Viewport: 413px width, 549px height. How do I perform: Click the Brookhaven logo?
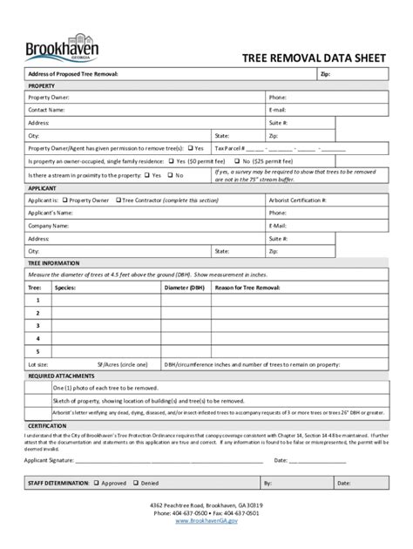pos(63,45)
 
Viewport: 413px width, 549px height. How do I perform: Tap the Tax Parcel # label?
pos(249,148)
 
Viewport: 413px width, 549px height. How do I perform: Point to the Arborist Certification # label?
pos(297,200)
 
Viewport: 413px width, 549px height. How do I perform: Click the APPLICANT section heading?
pos(43,187)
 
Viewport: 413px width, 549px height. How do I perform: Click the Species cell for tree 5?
pos(105,351)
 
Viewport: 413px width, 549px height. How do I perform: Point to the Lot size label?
pos(38,364)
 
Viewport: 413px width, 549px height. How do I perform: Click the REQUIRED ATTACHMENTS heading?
pos(60,376)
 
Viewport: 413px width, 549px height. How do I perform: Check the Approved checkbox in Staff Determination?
pos(97,482)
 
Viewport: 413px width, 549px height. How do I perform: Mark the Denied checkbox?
pos(136,482)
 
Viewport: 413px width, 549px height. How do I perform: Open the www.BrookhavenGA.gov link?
pos(206,521)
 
